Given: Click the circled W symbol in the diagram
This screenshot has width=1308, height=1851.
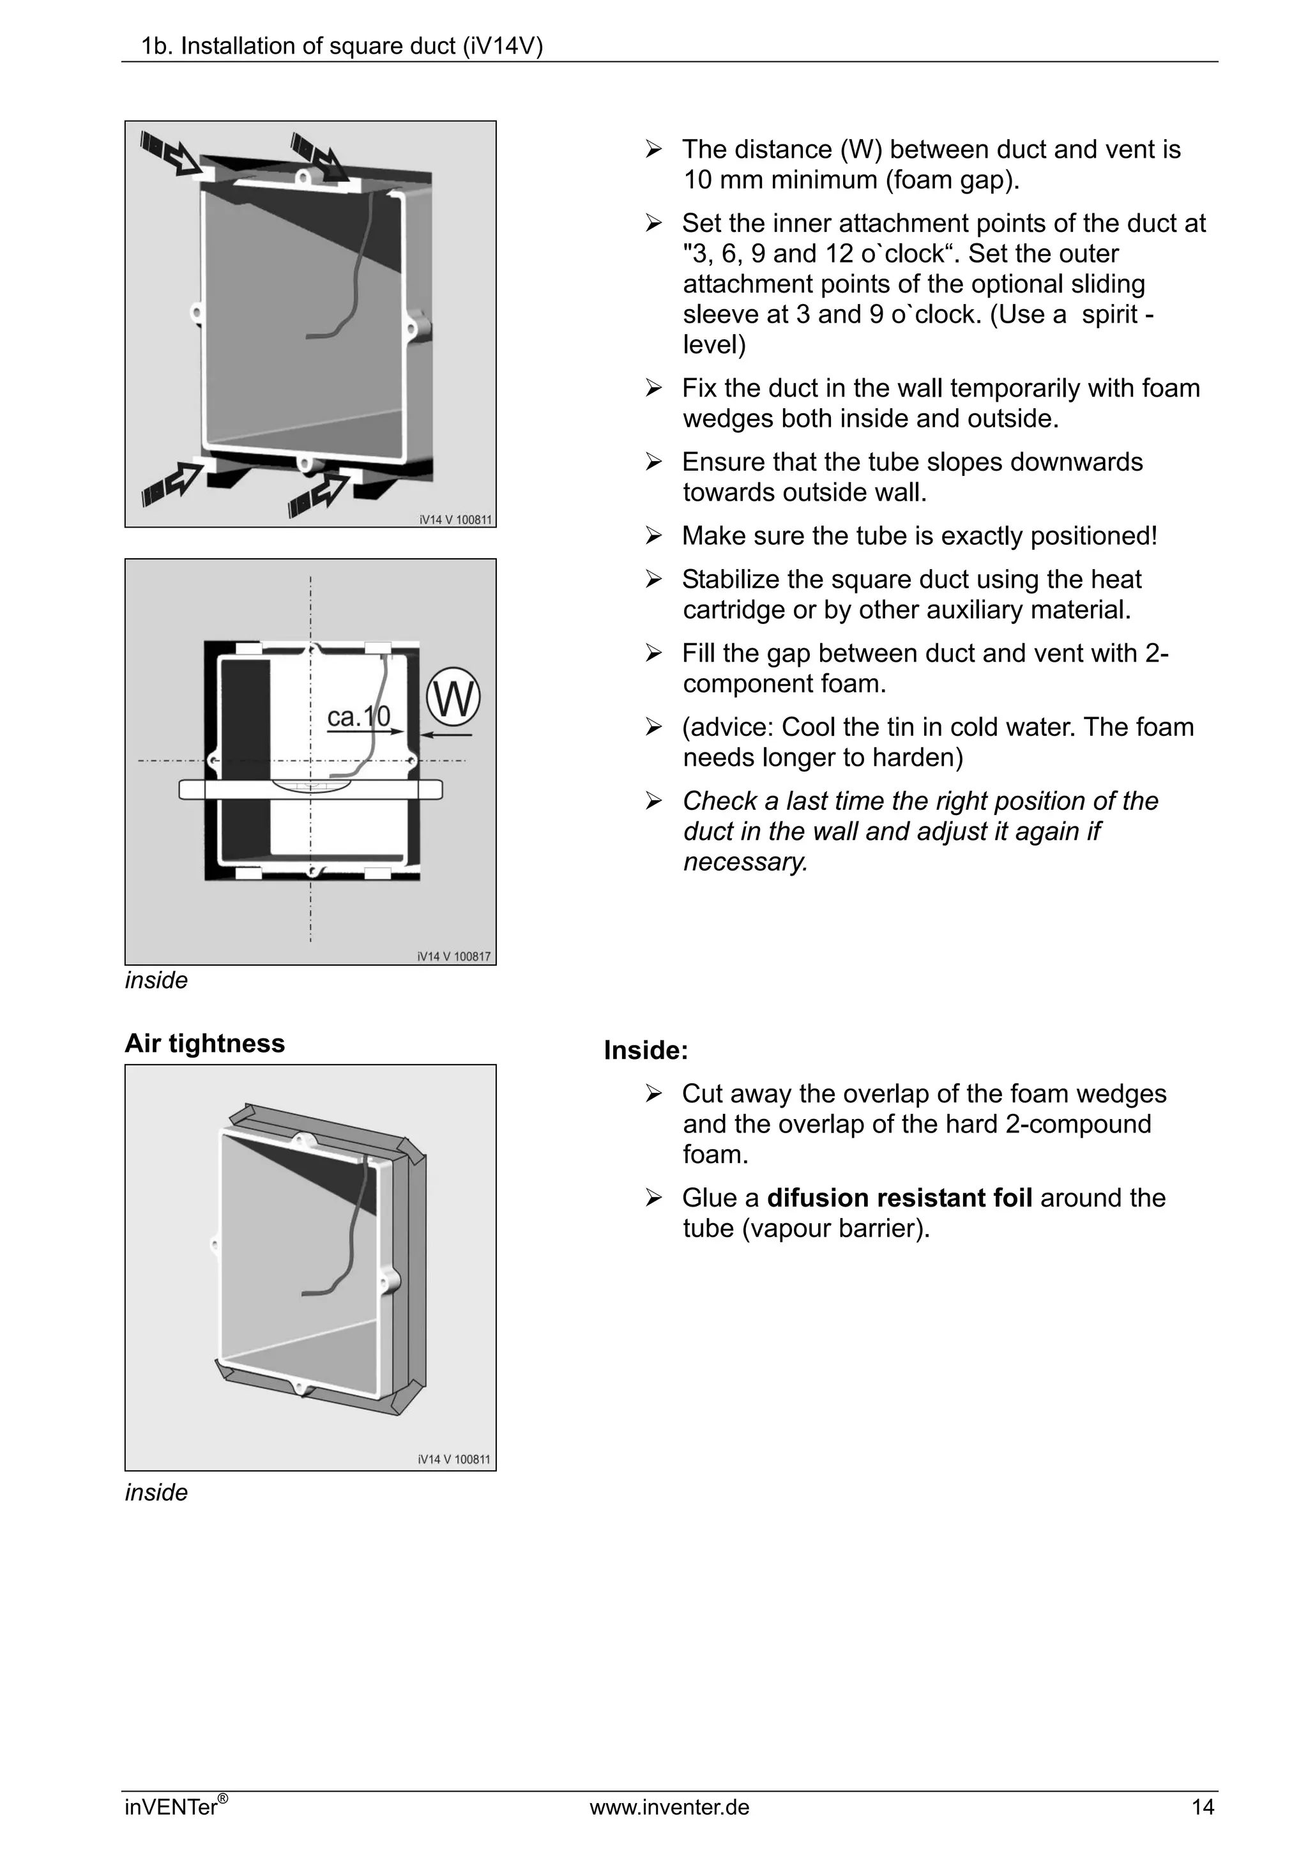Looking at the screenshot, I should coord(453,697).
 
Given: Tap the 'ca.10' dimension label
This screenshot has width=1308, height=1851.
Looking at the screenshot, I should coord(359,716).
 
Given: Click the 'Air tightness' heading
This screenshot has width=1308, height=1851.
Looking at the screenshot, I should coord(205,1043).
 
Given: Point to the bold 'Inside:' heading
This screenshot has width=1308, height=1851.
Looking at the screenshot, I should coord(646,1051).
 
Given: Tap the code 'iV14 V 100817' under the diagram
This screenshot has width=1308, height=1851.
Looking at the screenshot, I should coord(453,956).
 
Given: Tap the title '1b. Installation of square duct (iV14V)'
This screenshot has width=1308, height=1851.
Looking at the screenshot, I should coord(342,47).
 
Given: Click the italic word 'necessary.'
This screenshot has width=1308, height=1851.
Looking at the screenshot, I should coord(745,862).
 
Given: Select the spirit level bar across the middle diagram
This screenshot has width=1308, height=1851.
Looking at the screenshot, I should coord(310,789).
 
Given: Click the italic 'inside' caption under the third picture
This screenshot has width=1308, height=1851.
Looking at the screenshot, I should coord(156,1492).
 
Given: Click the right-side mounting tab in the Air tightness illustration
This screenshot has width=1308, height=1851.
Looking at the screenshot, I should coord(392,1279).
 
